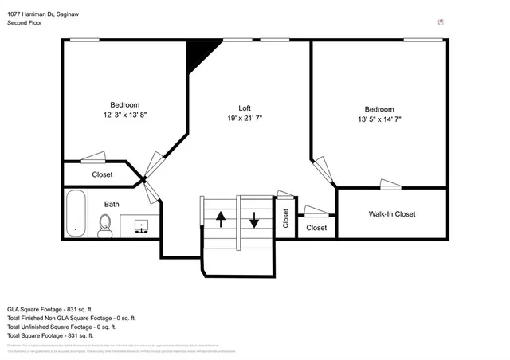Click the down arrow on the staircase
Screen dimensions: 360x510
(254, 219)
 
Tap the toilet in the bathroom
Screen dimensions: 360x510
(104, 226)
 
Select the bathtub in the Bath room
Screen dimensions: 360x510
(76, 213)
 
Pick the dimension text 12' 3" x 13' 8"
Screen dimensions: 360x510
(124, 115)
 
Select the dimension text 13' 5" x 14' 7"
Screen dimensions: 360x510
(379, 119)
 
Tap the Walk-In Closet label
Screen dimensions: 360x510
(391, 214)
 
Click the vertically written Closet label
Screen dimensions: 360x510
(286, 218)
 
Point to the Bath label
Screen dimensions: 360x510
(111, 205)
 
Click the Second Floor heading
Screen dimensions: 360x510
(25, 23)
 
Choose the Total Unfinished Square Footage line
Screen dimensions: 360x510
(61, 327)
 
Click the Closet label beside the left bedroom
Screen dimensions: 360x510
(102, 174)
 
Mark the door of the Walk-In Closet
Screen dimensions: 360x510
(390, 185)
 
